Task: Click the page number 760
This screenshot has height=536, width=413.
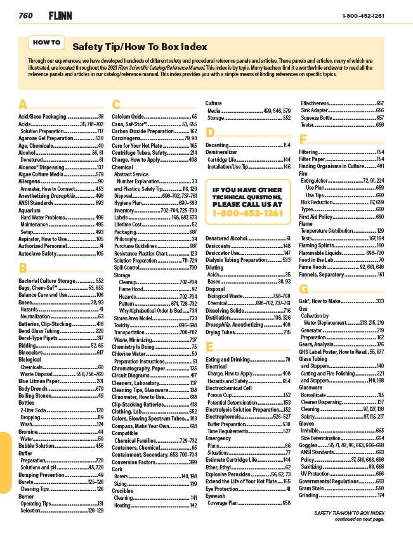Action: pyautogui.click(x=25, y=15)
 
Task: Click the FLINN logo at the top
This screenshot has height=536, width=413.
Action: pyautogui.click(x=52, y=15)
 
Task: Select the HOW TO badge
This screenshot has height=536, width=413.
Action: pyautogui.click(x=46, y=42)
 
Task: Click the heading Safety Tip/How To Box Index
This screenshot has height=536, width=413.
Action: pyautogui.click(x=140, y=47)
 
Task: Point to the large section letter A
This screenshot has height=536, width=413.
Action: pyautogui.click(x=23, y=104)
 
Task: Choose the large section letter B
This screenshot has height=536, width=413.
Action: pyautogui.click(x=23, y=268)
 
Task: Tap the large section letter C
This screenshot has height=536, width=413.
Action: pyautogui.click(x=116, y=104)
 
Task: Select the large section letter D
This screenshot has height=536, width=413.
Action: pyautogui.click(x=211, y=132)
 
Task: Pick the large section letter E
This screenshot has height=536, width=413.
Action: pyautogui.click(x=210, y=346)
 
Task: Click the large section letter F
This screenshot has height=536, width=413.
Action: pyautogui.click(x=303, y=139)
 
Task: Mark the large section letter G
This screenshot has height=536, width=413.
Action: pyautogui.click(x=304, y=289)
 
